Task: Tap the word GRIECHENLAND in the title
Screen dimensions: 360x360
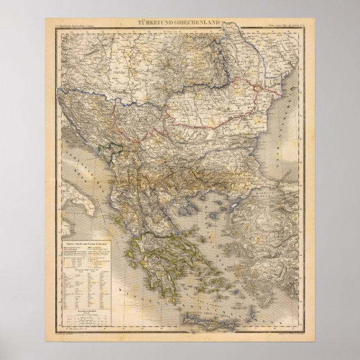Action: [x=196, y=22]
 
